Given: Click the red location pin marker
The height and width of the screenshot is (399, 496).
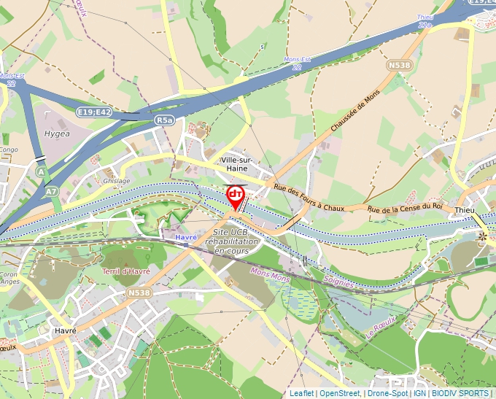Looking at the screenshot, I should click(235, 195).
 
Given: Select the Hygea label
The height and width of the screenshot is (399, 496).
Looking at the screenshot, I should click(57, 134).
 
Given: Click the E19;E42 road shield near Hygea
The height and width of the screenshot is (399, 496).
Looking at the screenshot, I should click(94, 112).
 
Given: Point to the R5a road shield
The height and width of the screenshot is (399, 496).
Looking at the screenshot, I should click(164, 120).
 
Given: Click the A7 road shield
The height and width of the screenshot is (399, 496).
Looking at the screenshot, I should click(51, 190).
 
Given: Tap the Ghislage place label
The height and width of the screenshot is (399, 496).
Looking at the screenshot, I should click(117, 181).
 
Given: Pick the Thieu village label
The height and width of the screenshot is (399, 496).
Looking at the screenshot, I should click(465, 210).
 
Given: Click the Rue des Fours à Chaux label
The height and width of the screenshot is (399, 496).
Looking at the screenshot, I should click(309, 198).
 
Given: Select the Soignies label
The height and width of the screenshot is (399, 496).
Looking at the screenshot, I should click(336, 282).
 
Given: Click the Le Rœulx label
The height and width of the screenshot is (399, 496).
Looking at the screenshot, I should click(379, 327).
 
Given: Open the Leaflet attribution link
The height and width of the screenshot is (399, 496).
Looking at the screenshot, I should click(301, 393).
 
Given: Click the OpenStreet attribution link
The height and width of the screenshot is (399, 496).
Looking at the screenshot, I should click(340, 393).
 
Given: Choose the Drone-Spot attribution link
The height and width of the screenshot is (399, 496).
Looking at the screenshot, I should click(387, 393).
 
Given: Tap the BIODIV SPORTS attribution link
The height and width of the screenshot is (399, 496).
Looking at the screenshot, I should click(460, 393).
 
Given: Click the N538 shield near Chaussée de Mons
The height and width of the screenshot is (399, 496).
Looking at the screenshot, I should click(399, 65).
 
